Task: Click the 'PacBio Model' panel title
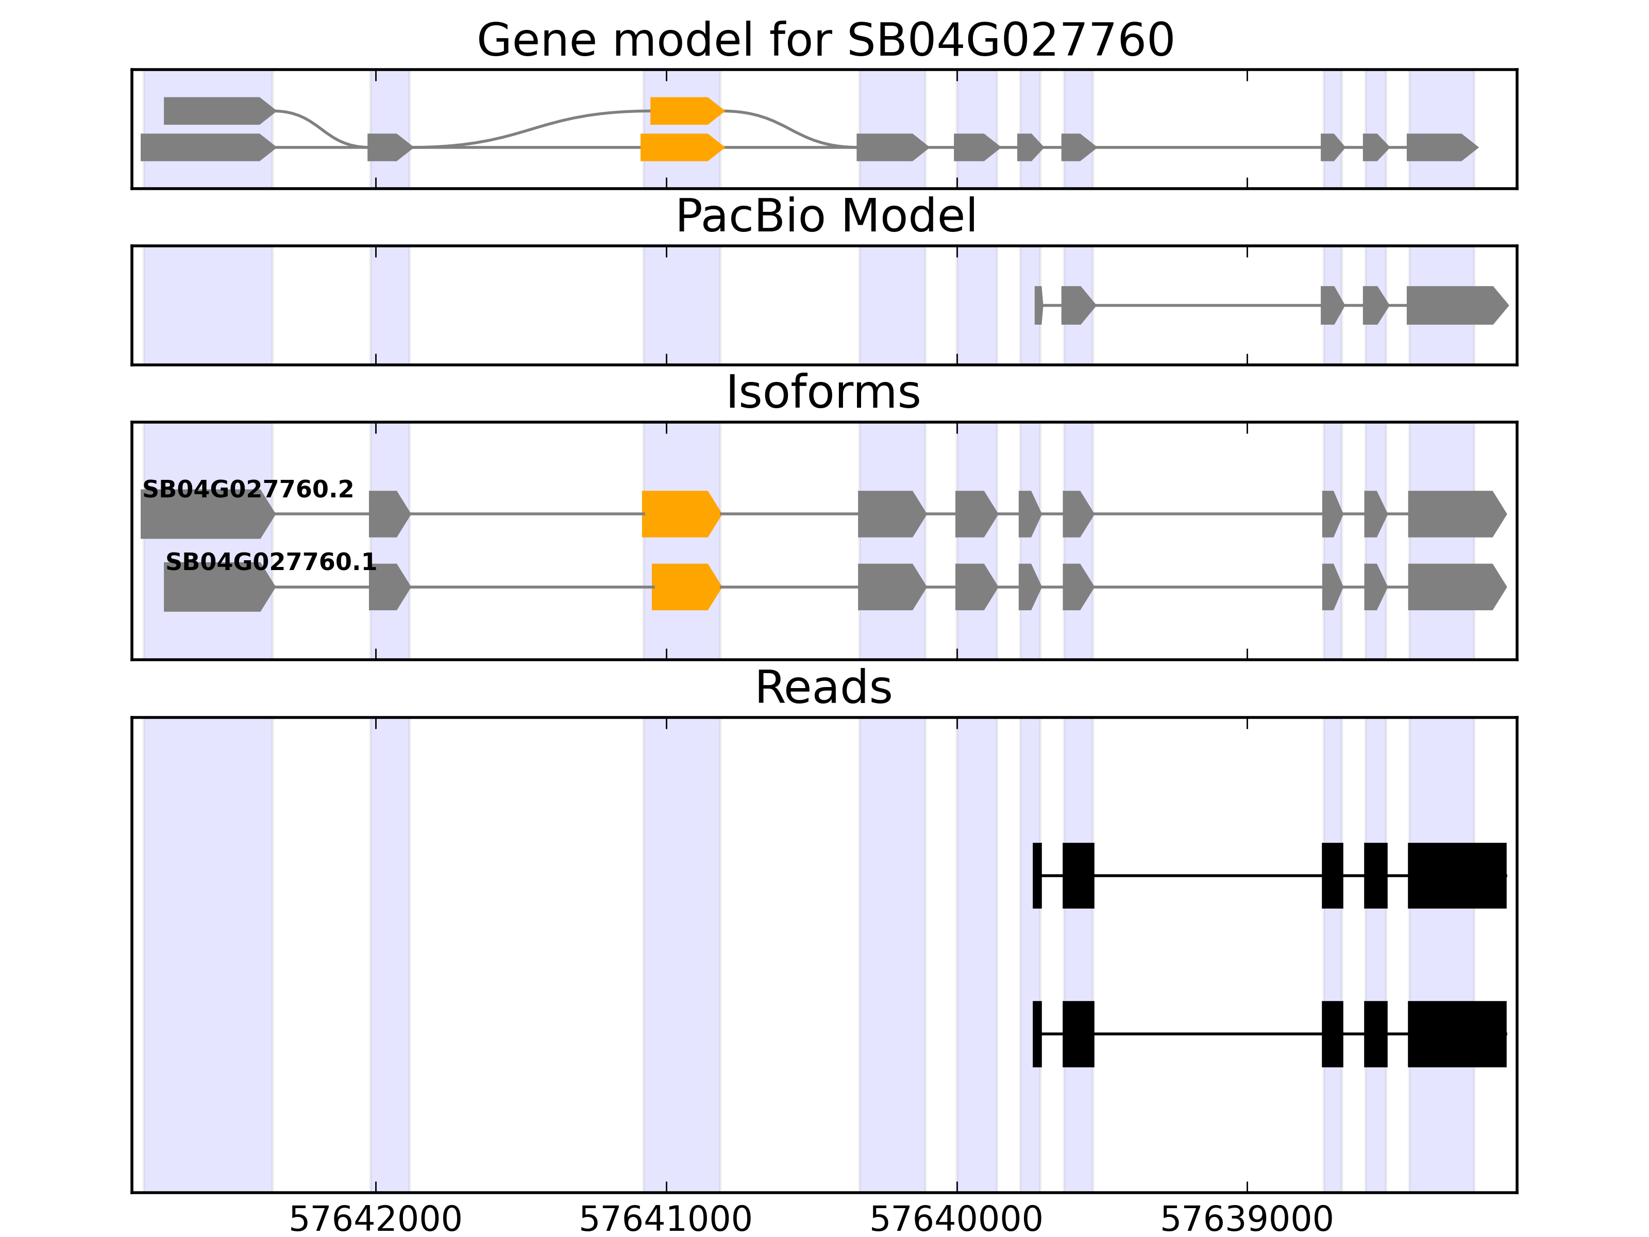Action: click(825, 216)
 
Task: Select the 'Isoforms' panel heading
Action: click(823, 392)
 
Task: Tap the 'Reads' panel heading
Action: click(823, 688)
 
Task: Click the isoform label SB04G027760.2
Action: click(247, 490)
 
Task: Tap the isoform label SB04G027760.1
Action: click(271, 562)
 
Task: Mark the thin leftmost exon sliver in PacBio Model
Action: click(1038, 305)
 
